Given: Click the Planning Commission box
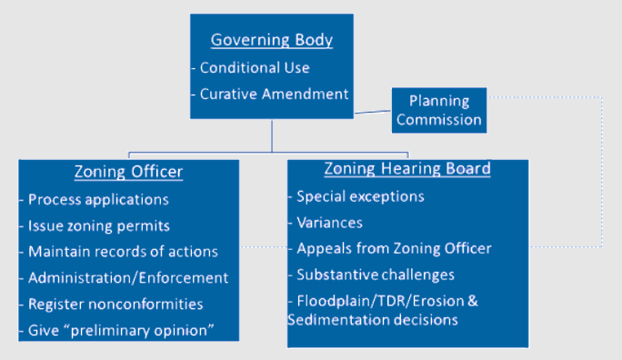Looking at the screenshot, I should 438,110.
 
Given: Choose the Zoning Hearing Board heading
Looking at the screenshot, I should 407,169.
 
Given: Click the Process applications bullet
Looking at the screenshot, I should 98,199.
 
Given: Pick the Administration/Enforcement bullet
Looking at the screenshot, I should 128,278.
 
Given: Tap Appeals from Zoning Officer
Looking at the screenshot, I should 394,248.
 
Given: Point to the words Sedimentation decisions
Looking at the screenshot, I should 372,320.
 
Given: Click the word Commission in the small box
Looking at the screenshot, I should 438,119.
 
